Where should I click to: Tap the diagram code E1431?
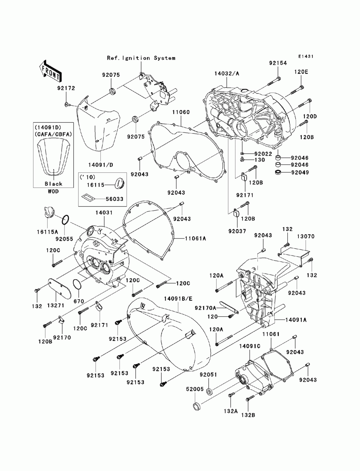pyautogui.click(x=306, y=56)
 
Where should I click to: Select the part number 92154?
pyautogui.click(x=278, y=63)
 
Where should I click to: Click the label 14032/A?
pyautogui.click(x=227, y=73)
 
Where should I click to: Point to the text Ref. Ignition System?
pyautogui.click(x=141, y=58)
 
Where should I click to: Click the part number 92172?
pyautogui.click(x=66, y=88)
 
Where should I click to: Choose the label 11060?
pyautogui.click(x=181, y=112)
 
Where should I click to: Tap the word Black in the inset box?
pyautogui.click(x=53, y=184)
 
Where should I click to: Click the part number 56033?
pyautogui.click(x=114, y=199)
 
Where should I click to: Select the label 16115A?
pyautogui.click(x=47, y=232)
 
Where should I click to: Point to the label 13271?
pyautogui.click(x=56, y=305)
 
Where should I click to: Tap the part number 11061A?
pyautogui.click(x=195, y=239)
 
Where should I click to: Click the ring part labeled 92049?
pyautogui.click(x=278, y=172)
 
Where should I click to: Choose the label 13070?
pyautogui.click(x=306, y=236)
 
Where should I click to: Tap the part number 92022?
pyautogui.click(x=263, y=154)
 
